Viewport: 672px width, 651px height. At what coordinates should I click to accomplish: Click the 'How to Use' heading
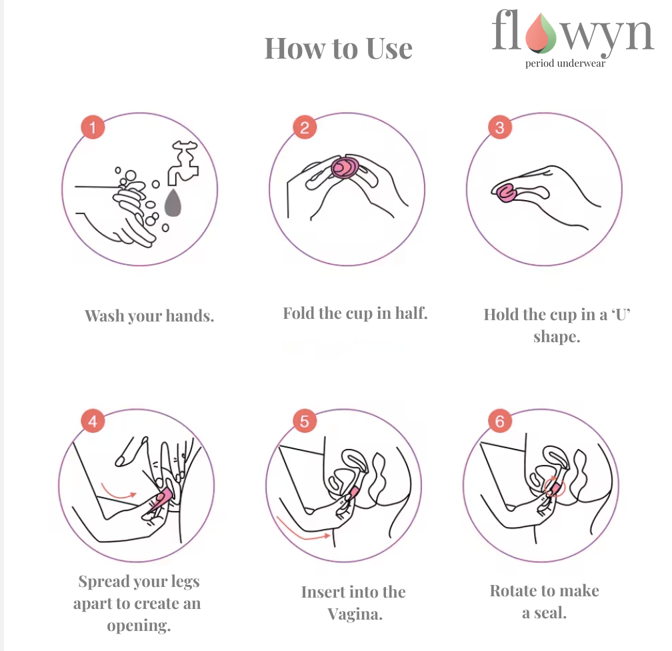pyautogui.click(x=339, y=49)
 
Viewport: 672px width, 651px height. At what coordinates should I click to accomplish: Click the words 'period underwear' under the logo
pyautogui.click(x=565, y=64)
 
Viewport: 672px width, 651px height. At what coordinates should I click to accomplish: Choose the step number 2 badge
pyautogui.click(x=304, y=127)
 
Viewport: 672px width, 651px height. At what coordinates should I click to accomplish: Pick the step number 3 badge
pyautogui.click(x=499, y=127)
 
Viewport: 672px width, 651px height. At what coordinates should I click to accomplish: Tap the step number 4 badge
pyautogui.click(x=93, y=421)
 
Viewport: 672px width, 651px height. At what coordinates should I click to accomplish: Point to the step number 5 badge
pyautogui.click(x=304, y=421)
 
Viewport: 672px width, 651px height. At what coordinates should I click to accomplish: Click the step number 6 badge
pyautogui.click(x=499, y=421)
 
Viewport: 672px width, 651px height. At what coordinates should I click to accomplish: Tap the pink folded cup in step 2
pyautogui.click(x=346, y=168)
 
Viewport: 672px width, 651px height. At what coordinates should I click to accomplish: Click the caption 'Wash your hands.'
pyautogui.click(x=149, y=315)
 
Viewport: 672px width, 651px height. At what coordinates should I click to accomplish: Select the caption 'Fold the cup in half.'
pyautogui.click(x=355, y=313)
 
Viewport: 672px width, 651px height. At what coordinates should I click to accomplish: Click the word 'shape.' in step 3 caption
pyautogui.click(x=557, y=337)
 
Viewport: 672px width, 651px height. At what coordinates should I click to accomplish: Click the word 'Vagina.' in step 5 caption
pyautogui.click(x=355, y=614)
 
